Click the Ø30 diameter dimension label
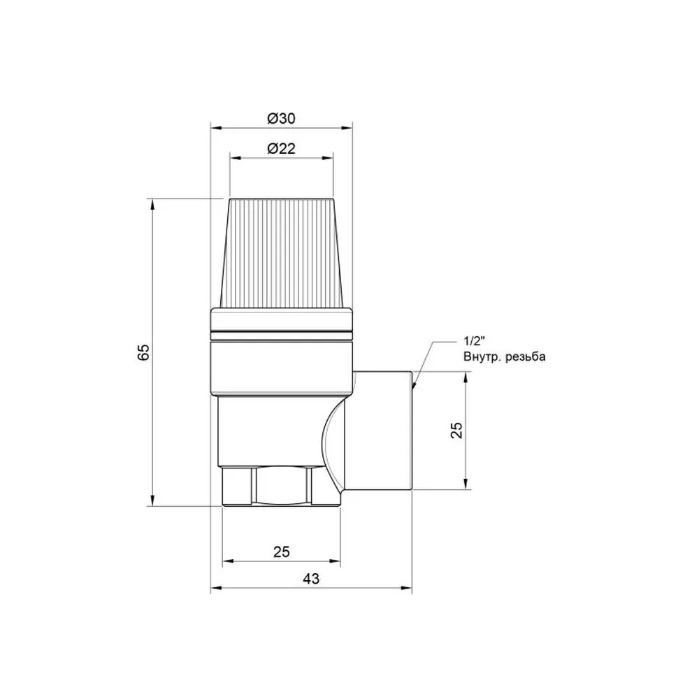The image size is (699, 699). (x=281, y=119)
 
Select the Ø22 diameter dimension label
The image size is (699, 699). (x=281, y=148)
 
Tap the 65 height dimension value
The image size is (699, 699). (x=143, y=352)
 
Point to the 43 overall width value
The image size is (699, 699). (x=311, y=579)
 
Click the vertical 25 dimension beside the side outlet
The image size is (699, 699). (x=456, y=430)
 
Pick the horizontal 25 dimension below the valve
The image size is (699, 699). (x=281, y=552)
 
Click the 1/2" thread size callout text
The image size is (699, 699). (x=474, y=342)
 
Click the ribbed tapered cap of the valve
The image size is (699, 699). (x=281, y=253)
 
